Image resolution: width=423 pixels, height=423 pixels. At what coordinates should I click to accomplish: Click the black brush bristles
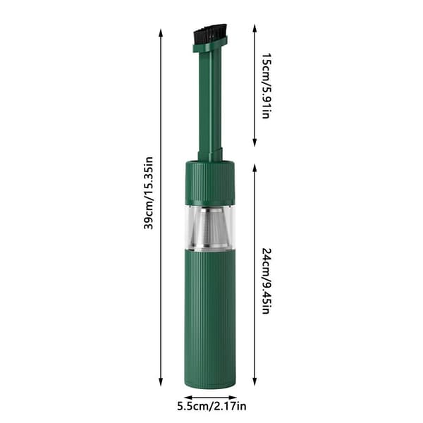(x=210, y=33)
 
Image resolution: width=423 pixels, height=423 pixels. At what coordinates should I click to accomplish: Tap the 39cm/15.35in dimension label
(x=148, y=193)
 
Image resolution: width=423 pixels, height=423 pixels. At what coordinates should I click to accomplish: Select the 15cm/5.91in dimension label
(x=266, y=86)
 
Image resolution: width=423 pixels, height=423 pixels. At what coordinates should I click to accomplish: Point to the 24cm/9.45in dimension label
(x=266, y=281)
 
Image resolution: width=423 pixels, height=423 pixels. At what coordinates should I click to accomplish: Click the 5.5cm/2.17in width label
(x=211, y=406)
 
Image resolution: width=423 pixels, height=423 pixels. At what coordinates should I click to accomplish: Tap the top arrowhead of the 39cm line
(x=161, y=33)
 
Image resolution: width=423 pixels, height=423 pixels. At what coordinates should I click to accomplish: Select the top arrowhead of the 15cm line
(x=255, y=28)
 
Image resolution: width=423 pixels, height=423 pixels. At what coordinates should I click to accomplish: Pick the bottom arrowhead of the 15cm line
(x=255, y=142)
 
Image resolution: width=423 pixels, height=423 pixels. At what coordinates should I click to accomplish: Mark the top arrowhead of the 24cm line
(x=255, y=168)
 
